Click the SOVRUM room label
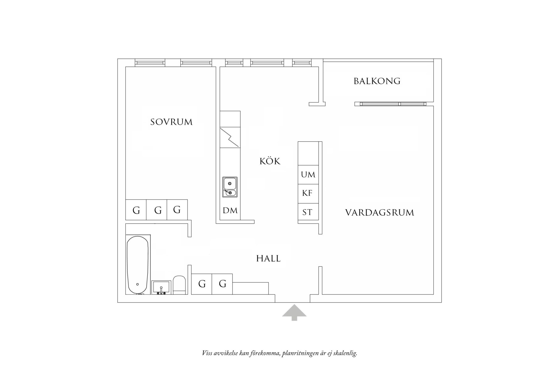171,122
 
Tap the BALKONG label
377,81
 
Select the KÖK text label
270,161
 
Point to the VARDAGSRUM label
379,213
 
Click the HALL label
268,259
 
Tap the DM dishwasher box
230,211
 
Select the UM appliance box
308,175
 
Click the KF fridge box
307,193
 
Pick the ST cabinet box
307,212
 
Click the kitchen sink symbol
230,187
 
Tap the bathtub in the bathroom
138,265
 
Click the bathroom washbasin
161,287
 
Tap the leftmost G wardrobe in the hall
202,284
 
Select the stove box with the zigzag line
230,137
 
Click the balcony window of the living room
393,104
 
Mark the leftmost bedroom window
150,63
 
